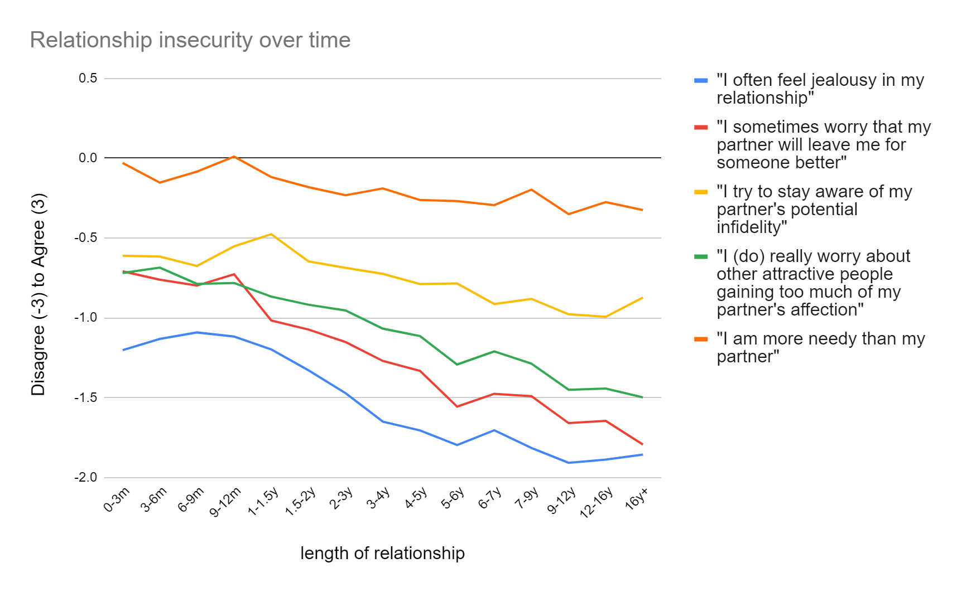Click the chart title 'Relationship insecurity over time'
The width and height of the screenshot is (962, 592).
[190, 40]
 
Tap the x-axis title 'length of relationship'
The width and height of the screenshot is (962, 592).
[382, 553]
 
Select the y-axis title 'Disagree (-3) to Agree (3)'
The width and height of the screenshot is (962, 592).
[39, 294]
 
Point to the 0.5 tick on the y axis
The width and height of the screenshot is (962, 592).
[88, 78]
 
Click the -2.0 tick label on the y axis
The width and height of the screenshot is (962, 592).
[86, 478]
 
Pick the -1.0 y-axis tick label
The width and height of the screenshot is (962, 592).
[86, 318]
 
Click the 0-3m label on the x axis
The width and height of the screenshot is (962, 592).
[117, 499]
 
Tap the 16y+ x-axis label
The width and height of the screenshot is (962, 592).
[637, 498]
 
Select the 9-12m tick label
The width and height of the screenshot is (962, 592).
[225, 502]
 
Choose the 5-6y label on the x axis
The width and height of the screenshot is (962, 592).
[453, 498]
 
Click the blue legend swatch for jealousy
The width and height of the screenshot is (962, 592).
[701, 81]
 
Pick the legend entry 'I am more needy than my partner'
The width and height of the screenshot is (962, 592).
[820, 347]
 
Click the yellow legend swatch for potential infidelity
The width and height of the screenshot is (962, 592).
[701, 192]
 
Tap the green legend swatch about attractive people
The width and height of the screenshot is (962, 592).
[701, 257]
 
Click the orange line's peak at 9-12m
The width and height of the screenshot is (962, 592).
[234, 157]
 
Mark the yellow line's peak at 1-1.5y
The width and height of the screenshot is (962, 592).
[271, 234]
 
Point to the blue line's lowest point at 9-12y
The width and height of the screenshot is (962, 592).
[569, 463]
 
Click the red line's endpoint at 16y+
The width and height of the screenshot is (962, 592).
[642, 444]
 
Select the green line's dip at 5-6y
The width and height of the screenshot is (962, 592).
[457, 365]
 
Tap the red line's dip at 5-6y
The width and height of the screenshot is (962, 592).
[457, 406]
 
